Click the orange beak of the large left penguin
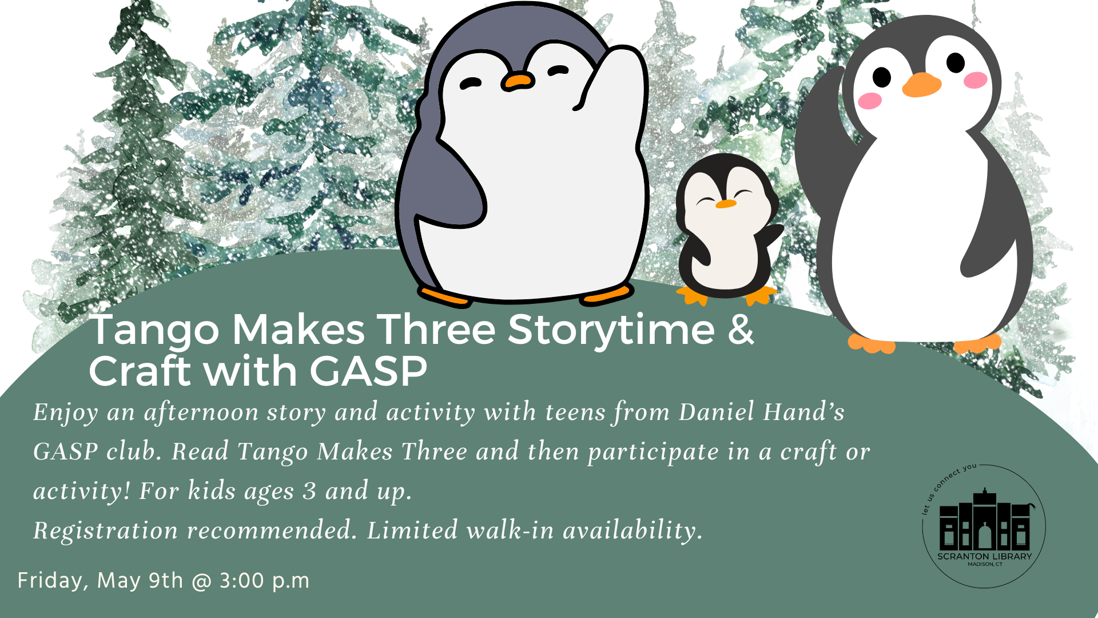pyautogui.click(x=518, y=82)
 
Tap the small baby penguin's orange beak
pyautogui.click(x=726, y=204)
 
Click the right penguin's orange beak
pyautogui.click(x=921, y=85)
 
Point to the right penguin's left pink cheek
pyautogui.click(x=870, y=101)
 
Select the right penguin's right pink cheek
pyautogui.click(x=976, y=80)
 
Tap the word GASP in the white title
pyautogui.click(x=368, y=371)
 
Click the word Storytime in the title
pyautogui.click(x=611, y=331)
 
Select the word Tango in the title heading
pyautogui.click(x=154, y=331)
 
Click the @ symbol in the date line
pyautogui.click(x=201, y=582)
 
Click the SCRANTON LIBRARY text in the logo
pyautogui.click(x=985, y=556)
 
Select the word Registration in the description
pyautogui.click(x=106, y=531)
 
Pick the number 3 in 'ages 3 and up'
pyautogui.click(x=309, y=491)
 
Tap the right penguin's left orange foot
pyautogui.click(x=871, y=343)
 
